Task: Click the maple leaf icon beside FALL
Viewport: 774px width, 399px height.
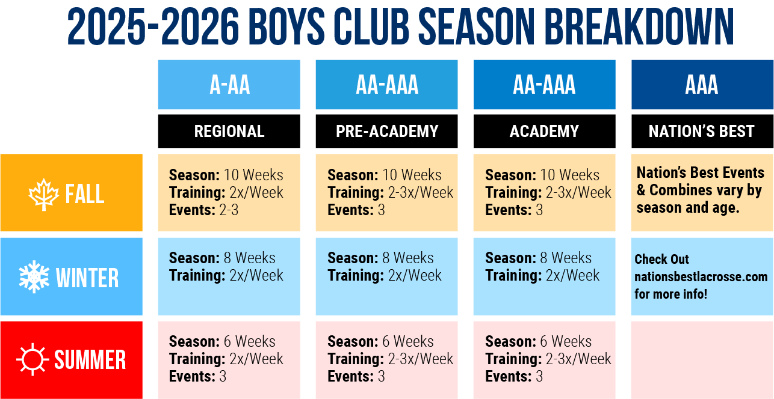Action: [43, 194]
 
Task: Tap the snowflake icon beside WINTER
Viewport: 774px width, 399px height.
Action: [34, 277]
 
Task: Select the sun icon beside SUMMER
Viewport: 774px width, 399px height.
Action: [33, 359]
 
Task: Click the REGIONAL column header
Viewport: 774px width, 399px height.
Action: [229, 131]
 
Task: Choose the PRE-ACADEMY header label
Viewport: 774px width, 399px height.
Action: [386, 131]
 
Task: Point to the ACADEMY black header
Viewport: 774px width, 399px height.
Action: [544, 131]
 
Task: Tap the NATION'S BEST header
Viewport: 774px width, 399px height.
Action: [702, 131]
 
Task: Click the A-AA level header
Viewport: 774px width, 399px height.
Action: [229, 85]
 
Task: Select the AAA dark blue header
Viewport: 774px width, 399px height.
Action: [702, 85]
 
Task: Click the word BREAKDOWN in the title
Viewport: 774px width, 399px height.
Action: [639, 26]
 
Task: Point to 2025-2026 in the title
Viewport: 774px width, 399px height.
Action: [153, 26]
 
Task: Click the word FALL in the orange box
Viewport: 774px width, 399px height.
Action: [85, 194]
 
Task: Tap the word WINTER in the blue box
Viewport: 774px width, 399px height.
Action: [87, 278]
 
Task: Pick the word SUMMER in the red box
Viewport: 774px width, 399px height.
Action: [90, 360]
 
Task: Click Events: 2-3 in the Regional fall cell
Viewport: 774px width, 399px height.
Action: [203, 210]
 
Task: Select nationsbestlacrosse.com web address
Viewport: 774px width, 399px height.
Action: [701, 276]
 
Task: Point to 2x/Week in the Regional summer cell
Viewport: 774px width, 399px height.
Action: [256, 359]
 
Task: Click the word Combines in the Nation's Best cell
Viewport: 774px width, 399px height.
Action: [681, 190]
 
